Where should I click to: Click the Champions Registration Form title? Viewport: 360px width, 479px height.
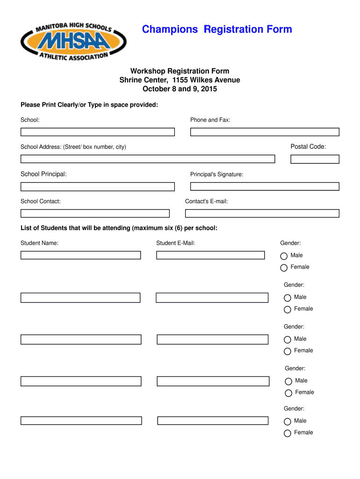pyautogui.click(x=217, y=29)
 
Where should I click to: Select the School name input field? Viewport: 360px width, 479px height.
pyautogui.click(x=97, y=132)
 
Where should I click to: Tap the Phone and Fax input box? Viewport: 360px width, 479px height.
pyautogui.click(x=264, y=132)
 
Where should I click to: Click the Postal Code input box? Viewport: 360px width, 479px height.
pyautogui.click(x=315, y=159)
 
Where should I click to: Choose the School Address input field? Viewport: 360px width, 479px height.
pyautogui.click(x=147, y=159)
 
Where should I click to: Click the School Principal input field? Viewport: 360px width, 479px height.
pyautogui.click(x=97, y=187)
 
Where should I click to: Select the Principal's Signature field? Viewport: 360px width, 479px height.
pyautogui.click(x=264, y=186)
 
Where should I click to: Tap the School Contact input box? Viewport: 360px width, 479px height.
pyautogui.click(x=95, y=213)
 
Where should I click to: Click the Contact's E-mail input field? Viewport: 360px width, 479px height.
pyautogui.click(x=262, y=213)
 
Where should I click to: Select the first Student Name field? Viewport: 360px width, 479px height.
pyautogui.click(x=80, y=255)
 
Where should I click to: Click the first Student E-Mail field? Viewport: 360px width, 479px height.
pyautogui.click(x=210, y=255)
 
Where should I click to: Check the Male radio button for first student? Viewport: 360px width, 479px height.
pyautogui.click(x=284, y=256)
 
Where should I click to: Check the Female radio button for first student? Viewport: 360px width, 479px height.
pyautogui.click(x=284, y=268)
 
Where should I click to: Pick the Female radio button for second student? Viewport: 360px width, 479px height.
pyautogui.click(x=288, y=309)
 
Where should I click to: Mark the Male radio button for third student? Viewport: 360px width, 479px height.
pyautogui.click(x=288, y=339)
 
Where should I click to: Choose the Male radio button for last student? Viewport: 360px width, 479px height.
pyautogui.click(x=288, y=421)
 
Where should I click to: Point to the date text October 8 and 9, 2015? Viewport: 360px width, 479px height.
pyautogui.click(x=180, y=89)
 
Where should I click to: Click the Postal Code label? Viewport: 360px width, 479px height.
pyautogui.click(x=308, y=147)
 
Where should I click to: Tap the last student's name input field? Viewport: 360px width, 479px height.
pyautogui.click(x=80, y=420)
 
